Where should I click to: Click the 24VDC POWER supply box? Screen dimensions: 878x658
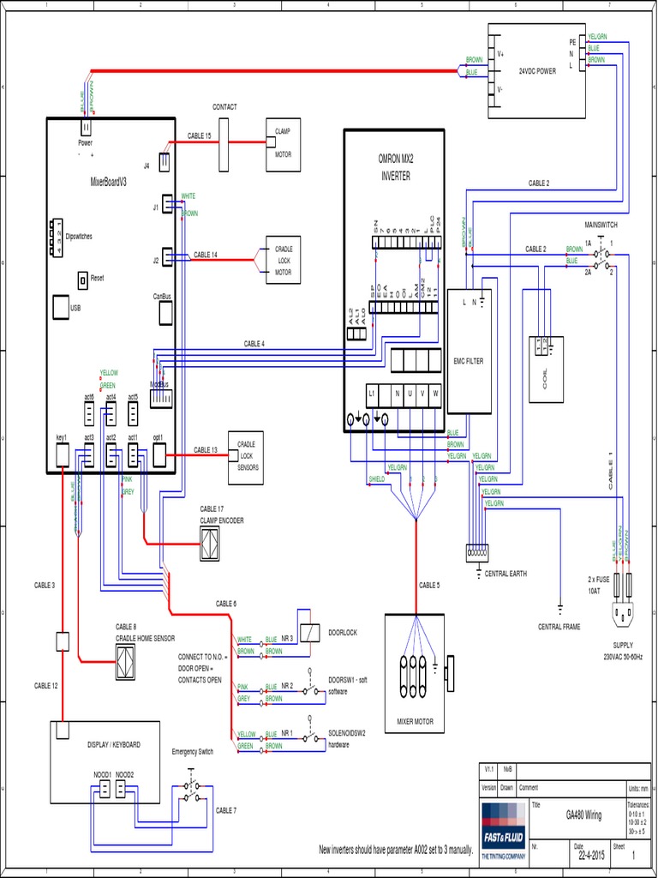[x=535, y=70]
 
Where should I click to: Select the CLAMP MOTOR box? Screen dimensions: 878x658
[x=283, y=143]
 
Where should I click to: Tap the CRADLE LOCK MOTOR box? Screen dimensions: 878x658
[x=283, y=260]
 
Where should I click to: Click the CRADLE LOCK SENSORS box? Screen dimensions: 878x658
[x=247, y=455]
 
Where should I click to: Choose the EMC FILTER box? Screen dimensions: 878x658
[x=468, y=360]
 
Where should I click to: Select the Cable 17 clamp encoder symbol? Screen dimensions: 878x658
[x=210, y=541]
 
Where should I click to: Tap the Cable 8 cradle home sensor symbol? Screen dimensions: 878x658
[x=126, y=660]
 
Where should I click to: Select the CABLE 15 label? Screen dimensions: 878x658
[x=199, y=136]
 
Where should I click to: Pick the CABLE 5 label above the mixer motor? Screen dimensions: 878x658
[x=429, y=586]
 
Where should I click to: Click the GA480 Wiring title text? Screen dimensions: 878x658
[x=583, y=815]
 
